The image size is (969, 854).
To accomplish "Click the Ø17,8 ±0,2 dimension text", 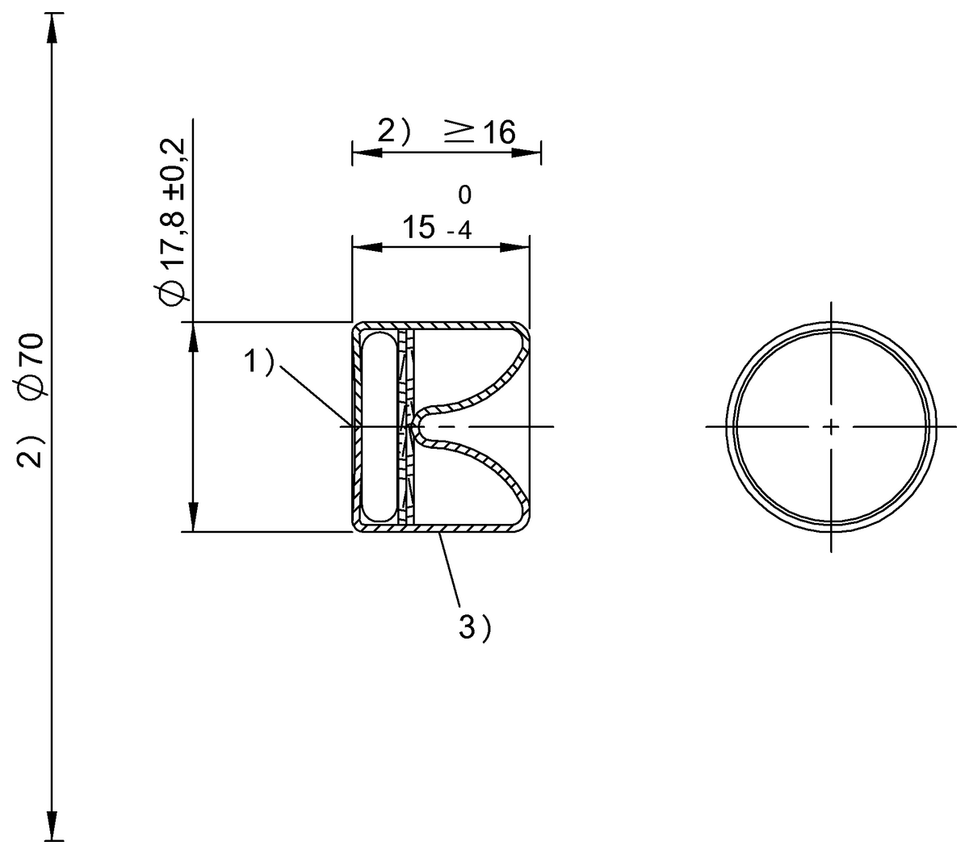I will click(174, 222).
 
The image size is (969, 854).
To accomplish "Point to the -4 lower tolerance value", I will click(458, 232).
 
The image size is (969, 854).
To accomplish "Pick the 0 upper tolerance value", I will click(464, 195).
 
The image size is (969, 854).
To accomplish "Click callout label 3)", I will click(475, 627).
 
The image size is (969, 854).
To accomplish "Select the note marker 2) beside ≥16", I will click(395, 132).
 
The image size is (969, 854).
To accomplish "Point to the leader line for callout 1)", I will click(315, 396).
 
